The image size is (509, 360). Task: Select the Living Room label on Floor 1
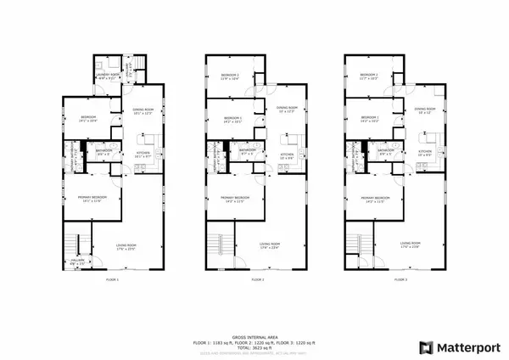pos(126,247)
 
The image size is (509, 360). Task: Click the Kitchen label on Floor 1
pos(143,155)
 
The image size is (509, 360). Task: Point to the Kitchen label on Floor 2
pos(287,155)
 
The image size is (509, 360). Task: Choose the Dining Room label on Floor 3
pos(426,110)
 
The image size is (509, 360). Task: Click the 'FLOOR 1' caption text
pos(112,279)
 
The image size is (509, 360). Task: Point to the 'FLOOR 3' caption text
pos(396,279)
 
